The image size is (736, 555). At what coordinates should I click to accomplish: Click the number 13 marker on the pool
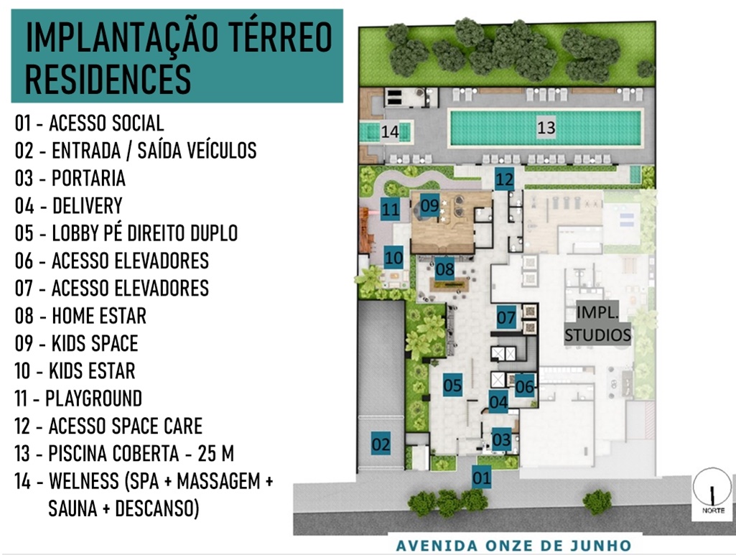click(x=546, y=128)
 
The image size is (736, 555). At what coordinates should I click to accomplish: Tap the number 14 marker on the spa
click(x=390, y=131)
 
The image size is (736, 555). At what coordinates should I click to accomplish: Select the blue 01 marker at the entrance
click(x=481, y=477)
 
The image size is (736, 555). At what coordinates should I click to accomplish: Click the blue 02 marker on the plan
click(x=381, y=444)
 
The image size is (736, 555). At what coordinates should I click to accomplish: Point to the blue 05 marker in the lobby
click(x=452, y=385)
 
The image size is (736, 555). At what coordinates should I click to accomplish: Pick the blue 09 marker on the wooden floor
click(x=429, y=205)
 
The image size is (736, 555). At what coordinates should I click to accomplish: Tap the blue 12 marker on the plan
click(x=505, y=179)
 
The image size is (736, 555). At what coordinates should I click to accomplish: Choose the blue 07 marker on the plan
click(x=506, y=317)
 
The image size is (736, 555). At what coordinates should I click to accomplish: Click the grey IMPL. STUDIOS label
click(x=597, y=323)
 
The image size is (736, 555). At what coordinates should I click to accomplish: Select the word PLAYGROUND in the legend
click(x=93, y=398)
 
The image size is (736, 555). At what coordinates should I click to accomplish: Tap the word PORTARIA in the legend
click(x=89, y=178)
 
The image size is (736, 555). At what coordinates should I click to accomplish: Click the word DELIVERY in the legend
click(x=88, y=205)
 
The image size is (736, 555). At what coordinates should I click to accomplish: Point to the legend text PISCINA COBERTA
click(x=113, y=453)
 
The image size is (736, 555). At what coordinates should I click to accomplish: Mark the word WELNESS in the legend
click(x=84, y=481)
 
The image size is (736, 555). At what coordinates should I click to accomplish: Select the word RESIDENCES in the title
click(x=108, y=79)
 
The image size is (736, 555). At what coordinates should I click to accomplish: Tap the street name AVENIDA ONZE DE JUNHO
click(x=513, y=546)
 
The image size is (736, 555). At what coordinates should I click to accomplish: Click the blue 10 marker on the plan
click(x=393, y=257)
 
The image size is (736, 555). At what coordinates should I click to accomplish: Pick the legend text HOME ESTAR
click(x=99, y=316)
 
